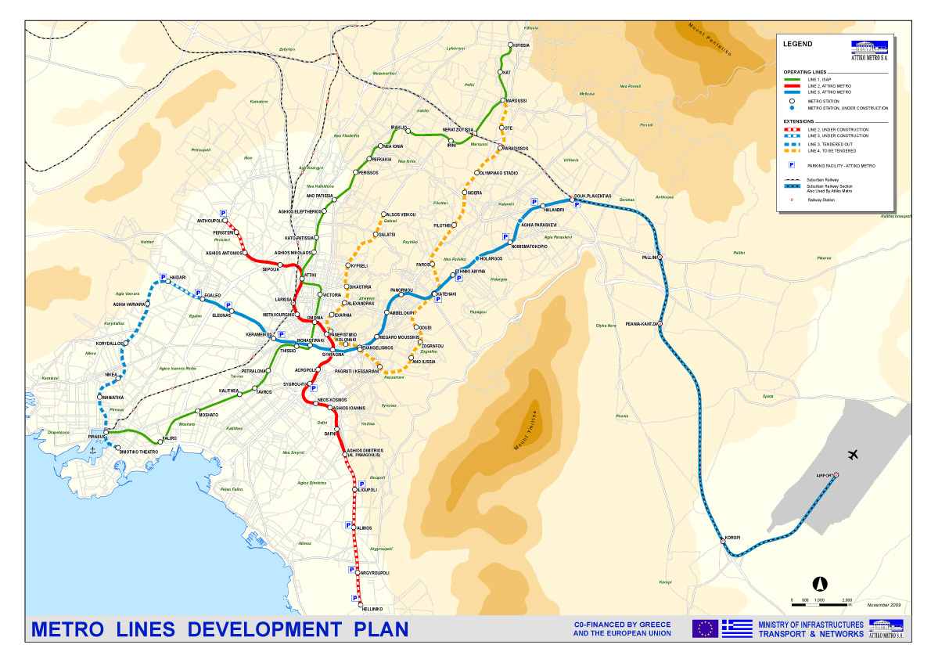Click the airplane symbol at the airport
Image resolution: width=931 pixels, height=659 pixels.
pos(853,455)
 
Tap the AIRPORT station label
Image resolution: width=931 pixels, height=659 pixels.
pos(825,475)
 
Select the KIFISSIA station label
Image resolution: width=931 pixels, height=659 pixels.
pos(521,45)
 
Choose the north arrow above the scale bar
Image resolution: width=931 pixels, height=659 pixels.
pos(821,583)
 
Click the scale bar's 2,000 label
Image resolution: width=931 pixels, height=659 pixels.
pos(847,600)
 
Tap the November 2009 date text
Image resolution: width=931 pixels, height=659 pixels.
pos(884,605)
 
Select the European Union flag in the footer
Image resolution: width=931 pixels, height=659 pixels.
pos(705,628)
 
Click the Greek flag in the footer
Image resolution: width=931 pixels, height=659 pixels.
pos(736,628)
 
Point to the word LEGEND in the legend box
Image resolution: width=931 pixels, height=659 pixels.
pos(797,44)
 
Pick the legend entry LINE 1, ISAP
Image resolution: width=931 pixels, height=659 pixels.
pos(821,79)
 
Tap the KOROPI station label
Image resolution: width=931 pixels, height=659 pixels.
pos(732,537)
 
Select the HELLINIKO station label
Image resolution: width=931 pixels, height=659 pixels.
pos(372,608)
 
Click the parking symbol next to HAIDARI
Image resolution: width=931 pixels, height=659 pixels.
pos(164,277)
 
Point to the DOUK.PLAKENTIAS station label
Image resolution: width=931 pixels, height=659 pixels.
pos(591,196)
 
